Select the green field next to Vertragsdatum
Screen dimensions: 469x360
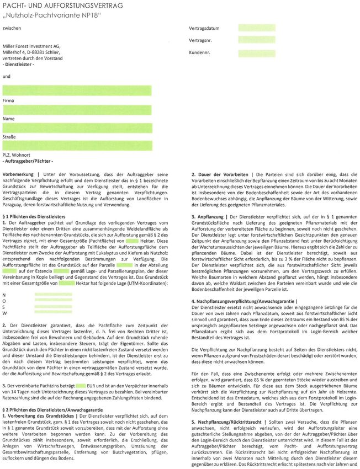[257, 28]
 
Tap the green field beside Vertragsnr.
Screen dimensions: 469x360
[257, 40]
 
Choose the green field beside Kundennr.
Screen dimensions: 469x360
[257, 54]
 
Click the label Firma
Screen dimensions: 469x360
[8, 101]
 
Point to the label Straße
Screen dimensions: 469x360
[9, 136]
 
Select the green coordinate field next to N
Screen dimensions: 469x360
[53, 294]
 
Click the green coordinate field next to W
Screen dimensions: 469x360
[53, 312]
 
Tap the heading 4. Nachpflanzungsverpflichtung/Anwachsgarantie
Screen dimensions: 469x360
[243, 301]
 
